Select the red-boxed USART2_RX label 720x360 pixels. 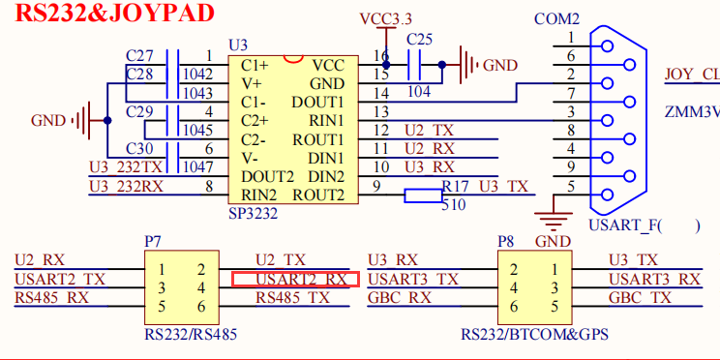(296, 279)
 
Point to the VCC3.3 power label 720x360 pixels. (385, 18)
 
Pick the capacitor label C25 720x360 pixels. (419, 40)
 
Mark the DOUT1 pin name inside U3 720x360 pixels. (318, 102)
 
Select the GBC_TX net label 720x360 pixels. (640, 298)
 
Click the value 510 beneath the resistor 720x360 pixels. (453, 205)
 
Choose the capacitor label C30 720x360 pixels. (140, 148)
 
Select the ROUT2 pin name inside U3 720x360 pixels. (319, 195)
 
